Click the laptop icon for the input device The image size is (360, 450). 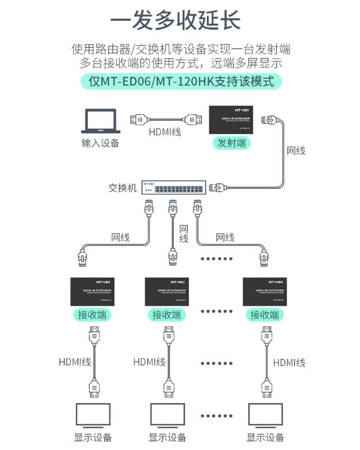(101, 121)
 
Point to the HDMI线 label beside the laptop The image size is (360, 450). (166, 132)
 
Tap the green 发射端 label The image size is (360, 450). (231, 143)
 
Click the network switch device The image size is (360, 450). (174, 188)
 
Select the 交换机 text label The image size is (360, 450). (122, 188)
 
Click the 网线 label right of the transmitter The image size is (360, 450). (296, 150)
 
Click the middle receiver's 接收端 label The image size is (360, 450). (167, 315)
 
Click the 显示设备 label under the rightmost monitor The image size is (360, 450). (266, 438)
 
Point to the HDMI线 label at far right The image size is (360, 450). (289, 362)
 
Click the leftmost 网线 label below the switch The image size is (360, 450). (120, 238)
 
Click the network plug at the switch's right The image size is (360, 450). (219, 187)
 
